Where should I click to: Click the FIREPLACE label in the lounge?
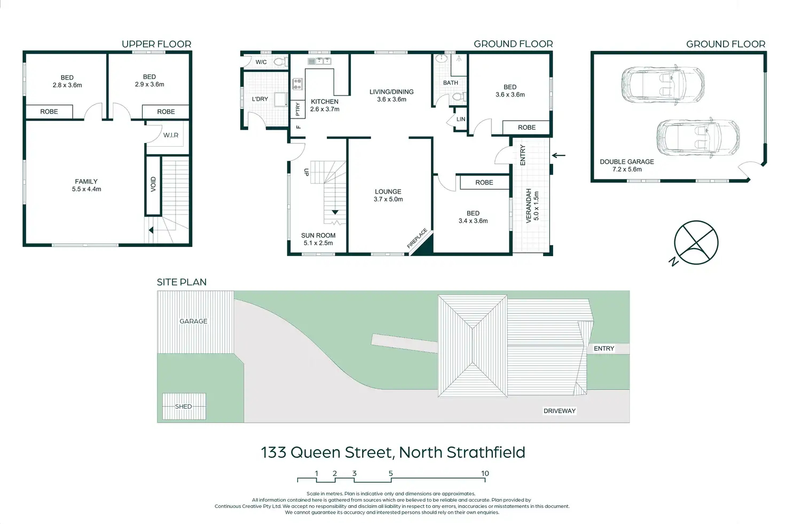tap(417, 239)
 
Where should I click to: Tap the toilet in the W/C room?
tap(281, 62)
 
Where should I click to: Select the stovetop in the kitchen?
tap(297, 84)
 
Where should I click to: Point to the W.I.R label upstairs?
tap(171, 135)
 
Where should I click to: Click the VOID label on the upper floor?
tap(153, 184)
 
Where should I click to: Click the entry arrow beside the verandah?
tap(559, 155)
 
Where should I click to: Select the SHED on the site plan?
tap(184, 407)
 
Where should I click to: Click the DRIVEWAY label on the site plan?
tap(559, 411)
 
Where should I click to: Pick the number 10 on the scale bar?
tap(485, 473)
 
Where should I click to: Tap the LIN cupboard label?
tap(461, 119)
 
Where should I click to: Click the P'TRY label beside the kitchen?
tap(298, 109)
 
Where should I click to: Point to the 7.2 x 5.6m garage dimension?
tap(627, 169)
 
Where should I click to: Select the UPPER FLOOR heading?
tap(156, 44)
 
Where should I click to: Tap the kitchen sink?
tap(319, 61)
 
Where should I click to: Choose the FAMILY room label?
tap(87, 181)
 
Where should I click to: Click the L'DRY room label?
tap(260, 99)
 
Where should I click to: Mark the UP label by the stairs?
tap(306, 172)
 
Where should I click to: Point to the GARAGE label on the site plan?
tap(193, 321)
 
